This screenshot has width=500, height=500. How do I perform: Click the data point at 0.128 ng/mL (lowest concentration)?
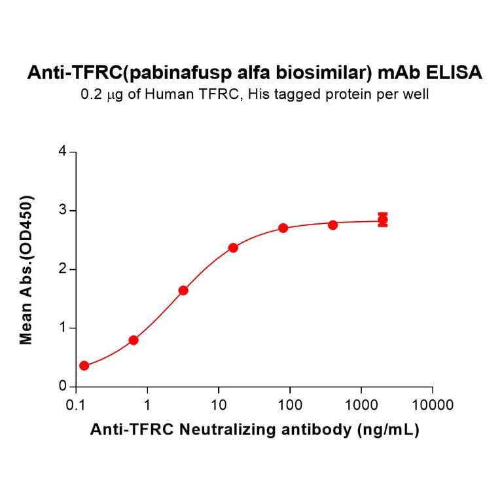click(84, 365)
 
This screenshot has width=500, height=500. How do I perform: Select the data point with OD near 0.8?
click(134, 340)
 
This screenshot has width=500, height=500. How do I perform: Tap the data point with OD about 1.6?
click(183, 290)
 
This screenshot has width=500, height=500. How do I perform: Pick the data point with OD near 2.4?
click(233, 247)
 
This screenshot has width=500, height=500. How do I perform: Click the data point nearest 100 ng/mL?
click(283, 228)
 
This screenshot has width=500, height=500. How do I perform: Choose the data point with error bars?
click(383, 220)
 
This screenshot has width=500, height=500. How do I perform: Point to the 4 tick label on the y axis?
click(63, 151)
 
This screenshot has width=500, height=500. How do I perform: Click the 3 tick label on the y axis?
click(63, 210)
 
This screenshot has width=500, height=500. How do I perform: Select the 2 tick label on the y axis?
click(63, 269)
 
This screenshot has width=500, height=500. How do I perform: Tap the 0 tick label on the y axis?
click(63, 387)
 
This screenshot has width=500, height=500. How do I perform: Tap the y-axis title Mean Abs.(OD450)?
click(27, 269)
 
